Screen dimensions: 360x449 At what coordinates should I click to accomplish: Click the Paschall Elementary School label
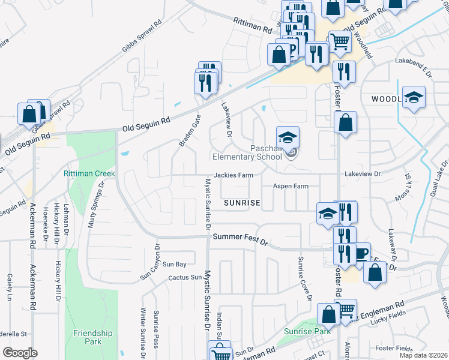pos(247,152)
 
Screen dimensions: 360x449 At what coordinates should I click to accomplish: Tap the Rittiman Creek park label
pos(89,174)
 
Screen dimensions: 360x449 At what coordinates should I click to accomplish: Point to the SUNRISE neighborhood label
pos(242,203)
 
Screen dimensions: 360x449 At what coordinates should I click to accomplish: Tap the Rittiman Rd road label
pos(253,25)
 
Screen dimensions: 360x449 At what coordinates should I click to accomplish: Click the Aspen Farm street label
pos(291,187)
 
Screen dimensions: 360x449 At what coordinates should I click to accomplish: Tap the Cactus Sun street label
pos(185,277)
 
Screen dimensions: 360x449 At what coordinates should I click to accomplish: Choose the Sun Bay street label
pos(175,264)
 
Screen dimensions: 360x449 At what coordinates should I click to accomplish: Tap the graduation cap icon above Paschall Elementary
pos(288,137)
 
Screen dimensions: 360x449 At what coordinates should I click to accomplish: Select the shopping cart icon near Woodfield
pos(339,41)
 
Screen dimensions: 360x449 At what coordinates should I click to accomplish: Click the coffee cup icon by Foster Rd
pos(360,253)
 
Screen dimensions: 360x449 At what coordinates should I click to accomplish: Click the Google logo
pos(20,353)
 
